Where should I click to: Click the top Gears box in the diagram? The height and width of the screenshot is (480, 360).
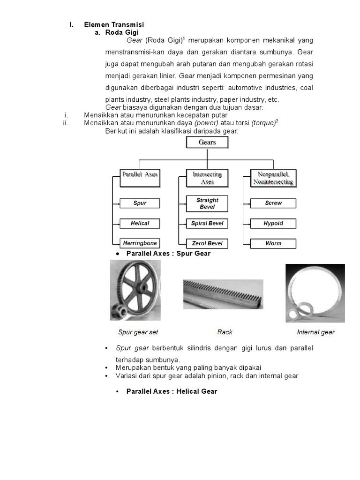click(207, 142)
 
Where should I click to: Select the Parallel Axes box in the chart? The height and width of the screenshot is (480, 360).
click(140, 177)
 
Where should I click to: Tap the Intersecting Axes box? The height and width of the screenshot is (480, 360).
click(207, 177)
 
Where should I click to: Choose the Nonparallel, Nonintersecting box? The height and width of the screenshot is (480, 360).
click(272, 178)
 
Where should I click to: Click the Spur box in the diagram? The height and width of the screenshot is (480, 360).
click(140, 203)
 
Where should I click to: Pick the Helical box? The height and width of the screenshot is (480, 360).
click(140, 223)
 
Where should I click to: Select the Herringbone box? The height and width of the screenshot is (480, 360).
click(140, 243)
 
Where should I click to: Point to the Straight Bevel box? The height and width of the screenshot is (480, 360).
click(207, 203)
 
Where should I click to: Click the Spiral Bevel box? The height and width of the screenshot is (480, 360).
click(207, 224)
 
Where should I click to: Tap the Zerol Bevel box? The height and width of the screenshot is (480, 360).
click(207, 244)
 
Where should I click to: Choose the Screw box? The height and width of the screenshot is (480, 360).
click(273, 203)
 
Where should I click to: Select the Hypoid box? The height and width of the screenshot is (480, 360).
click(273, 223)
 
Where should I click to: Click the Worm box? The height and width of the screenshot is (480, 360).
click(273, 244)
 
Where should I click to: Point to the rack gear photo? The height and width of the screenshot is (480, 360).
click(223, 293)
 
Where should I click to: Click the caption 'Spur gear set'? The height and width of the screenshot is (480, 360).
click(138, 332)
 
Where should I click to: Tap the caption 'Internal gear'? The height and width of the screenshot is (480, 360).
click(315, 332)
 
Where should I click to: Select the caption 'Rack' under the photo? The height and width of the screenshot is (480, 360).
click(225, 332)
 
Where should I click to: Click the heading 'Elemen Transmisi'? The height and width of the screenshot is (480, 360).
click(114, 24)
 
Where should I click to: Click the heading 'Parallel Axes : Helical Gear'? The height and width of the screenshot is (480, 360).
click(172, 391)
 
